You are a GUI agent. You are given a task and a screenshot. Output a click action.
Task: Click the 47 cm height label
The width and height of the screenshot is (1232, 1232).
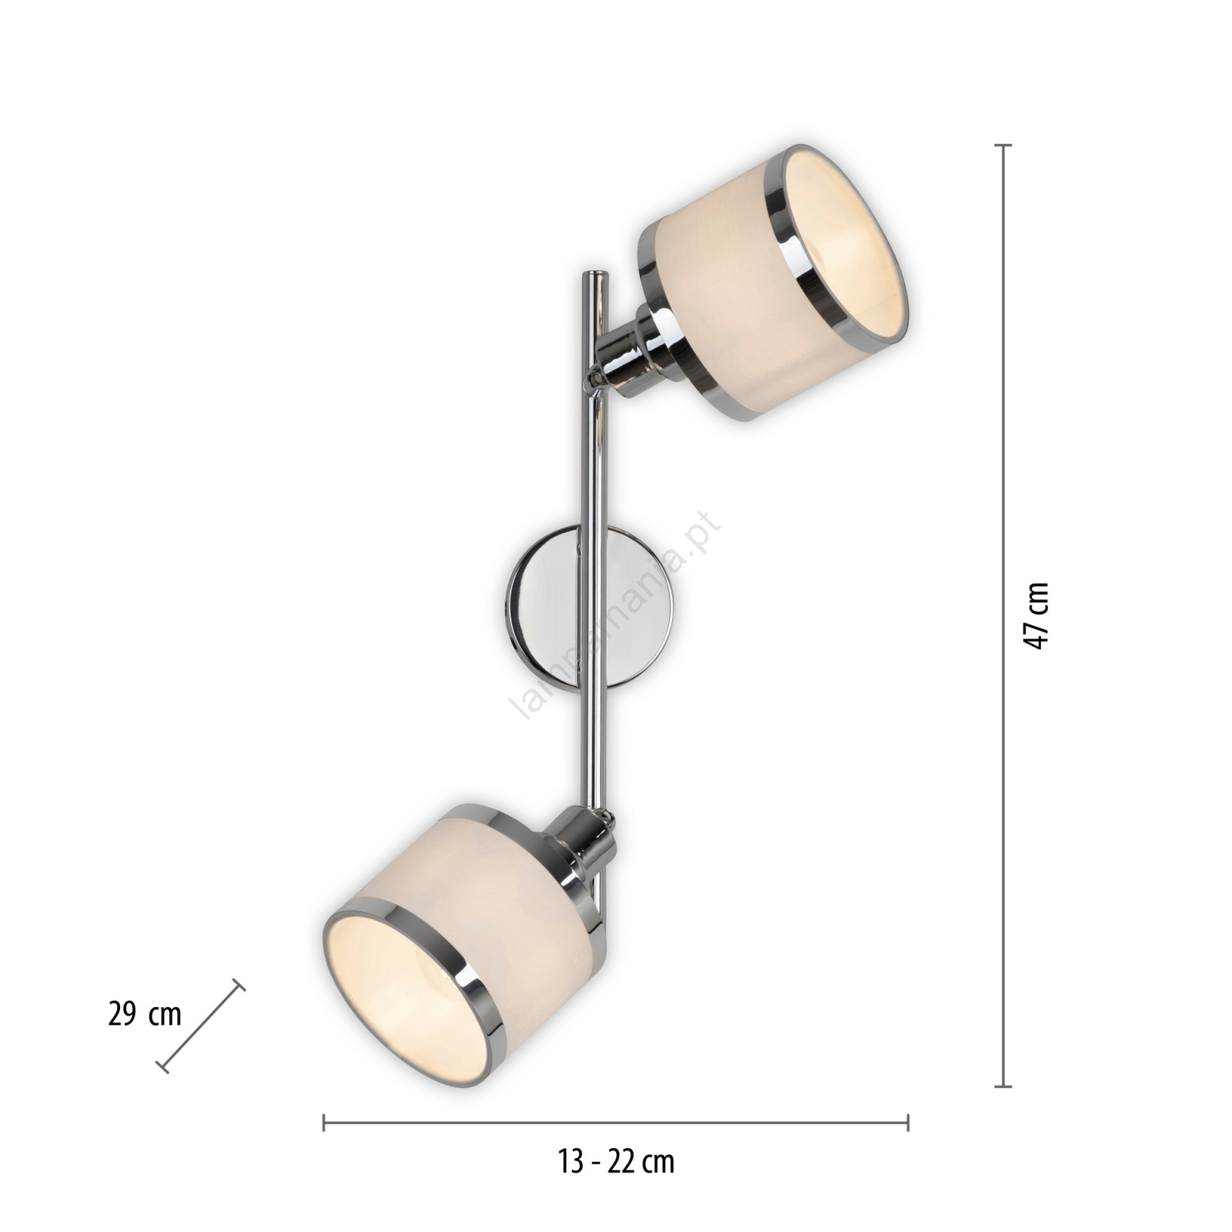[x=1037, y=615]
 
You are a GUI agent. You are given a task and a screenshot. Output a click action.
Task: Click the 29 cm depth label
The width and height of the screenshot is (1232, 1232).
[x=145, y=1015]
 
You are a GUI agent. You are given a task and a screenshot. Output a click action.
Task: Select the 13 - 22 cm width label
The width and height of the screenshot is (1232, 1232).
[x=616, y=1162]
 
